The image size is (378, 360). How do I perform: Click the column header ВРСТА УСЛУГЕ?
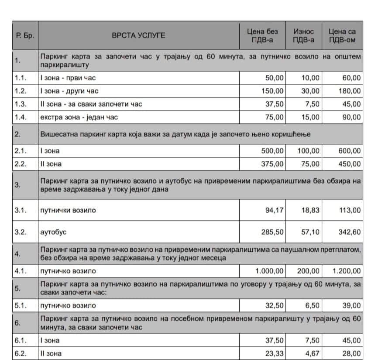click(x=138, y=35)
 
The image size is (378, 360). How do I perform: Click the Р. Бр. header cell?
click(x=24, y=35)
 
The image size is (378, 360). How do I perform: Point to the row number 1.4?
click(x=21, y=117)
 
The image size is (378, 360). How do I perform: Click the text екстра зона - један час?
click(x=79, y=117)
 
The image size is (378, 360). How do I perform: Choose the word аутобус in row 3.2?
click(x=53, y=232)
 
